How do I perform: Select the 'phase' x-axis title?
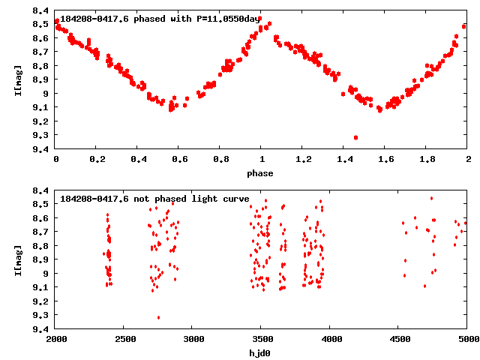pyautogui.click(x=262, y=173)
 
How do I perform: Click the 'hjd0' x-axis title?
pyautogui.click(x=262, y=353)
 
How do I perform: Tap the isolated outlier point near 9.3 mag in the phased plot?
pyautogui.click(x=355, y=137)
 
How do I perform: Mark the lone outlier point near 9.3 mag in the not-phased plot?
pyautogui.click(x=158, y=317)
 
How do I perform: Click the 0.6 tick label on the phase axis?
pyautogui.click(x=179, y=160)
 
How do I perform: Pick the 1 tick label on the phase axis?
pyautogui.click(x=262, y=160)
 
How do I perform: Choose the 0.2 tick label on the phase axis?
pyautogui.click(x=97, y=160)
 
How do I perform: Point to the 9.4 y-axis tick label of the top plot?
pyautogui.click(x=42, y=149)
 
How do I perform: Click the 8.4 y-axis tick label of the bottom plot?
pyautogui.click(x=42, y=190)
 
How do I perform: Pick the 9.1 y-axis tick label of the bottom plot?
pyautogui.click(x=42, y=287)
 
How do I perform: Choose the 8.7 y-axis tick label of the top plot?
pyautogui.click(x=42, y=52)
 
